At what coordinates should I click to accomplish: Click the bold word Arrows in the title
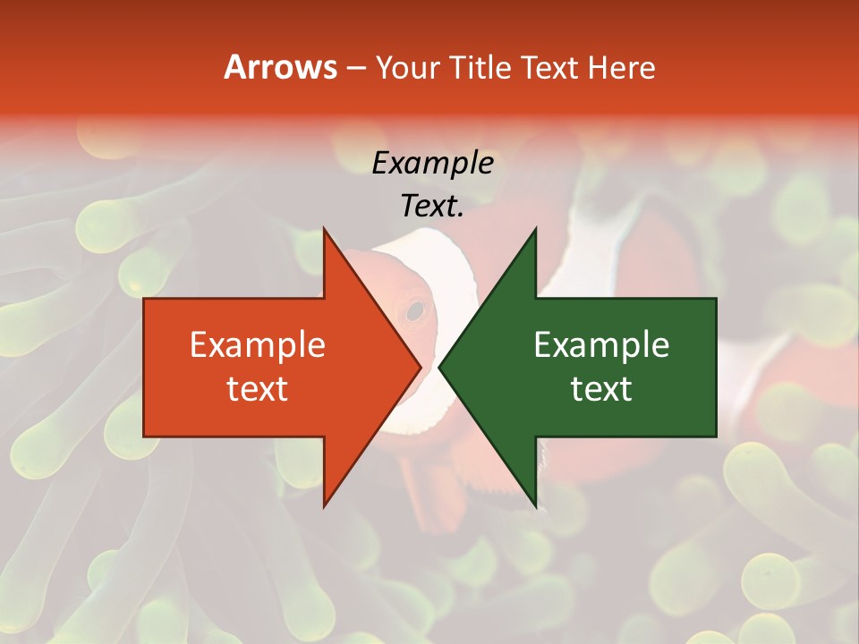pyautogui.click(x=280, y=67)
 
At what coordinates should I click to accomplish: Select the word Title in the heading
pyautogui.click(x=481, y=67)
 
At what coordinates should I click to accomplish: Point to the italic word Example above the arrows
pyautogui.click(x=433, y=163)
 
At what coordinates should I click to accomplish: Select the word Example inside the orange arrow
pyautogui.click(x=258, y=345)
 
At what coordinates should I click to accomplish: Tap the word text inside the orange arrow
pyautogui.click(x=258, y=389)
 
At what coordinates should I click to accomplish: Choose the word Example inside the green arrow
pyautogui.click(x=601, y=345)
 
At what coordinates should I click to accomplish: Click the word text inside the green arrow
pyautogui.click(x=601, y=389)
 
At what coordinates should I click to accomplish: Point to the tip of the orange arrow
pyautogui.click(x=421, y=367)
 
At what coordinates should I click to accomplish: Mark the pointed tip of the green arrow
pyautogui.click(x=439, y=367)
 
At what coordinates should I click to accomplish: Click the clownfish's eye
pyautogui.click(x=414, y=310)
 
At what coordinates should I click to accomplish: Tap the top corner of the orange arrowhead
pyautogui.click(x=324, y=229)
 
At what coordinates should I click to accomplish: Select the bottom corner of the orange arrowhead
pyautogui.click(x=324, y=506)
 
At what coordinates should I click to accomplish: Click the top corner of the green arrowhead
pyautogui.click(x=535, y=229)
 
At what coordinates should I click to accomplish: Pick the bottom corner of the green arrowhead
pyautogui.click(x=535, y=506)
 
